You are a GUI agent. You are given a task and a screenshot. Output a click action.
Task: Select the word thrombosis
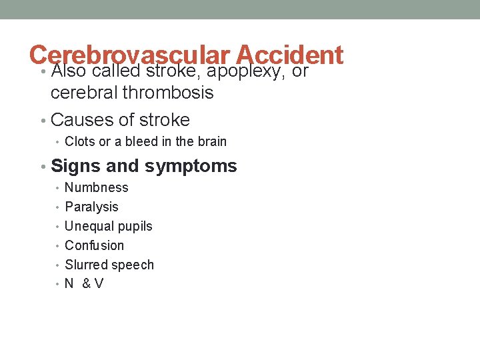[168, 93]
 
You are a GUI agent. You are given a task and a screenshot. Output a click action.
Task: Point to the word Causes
[79, 120]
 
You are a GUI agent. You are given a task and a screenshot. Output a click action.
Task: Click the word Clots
[80, 141]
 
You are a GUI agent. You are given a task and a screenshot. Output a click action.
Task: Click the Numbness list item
[96, 188]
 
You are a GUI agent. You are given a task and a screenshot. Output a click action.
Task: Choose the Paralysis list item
[91, 207]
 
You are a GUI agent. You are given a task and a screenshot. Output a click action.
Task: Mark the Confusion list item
[94, 245]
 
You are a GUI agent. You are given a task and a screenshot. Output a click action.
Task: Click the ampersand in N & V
[87, 284]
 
